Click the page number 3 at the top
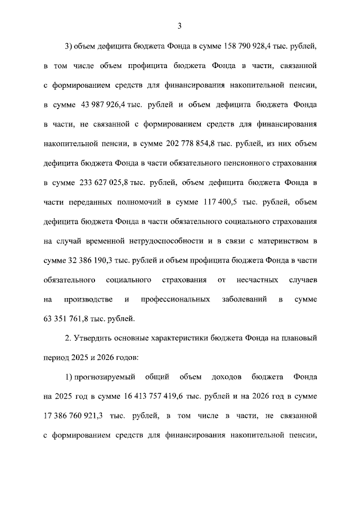click(x=179, y=25)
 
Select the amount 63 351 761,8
click(x=70, y=319)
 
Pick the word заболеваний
click(x=244, y=299)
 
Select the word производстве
click(x=91, y=299)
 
